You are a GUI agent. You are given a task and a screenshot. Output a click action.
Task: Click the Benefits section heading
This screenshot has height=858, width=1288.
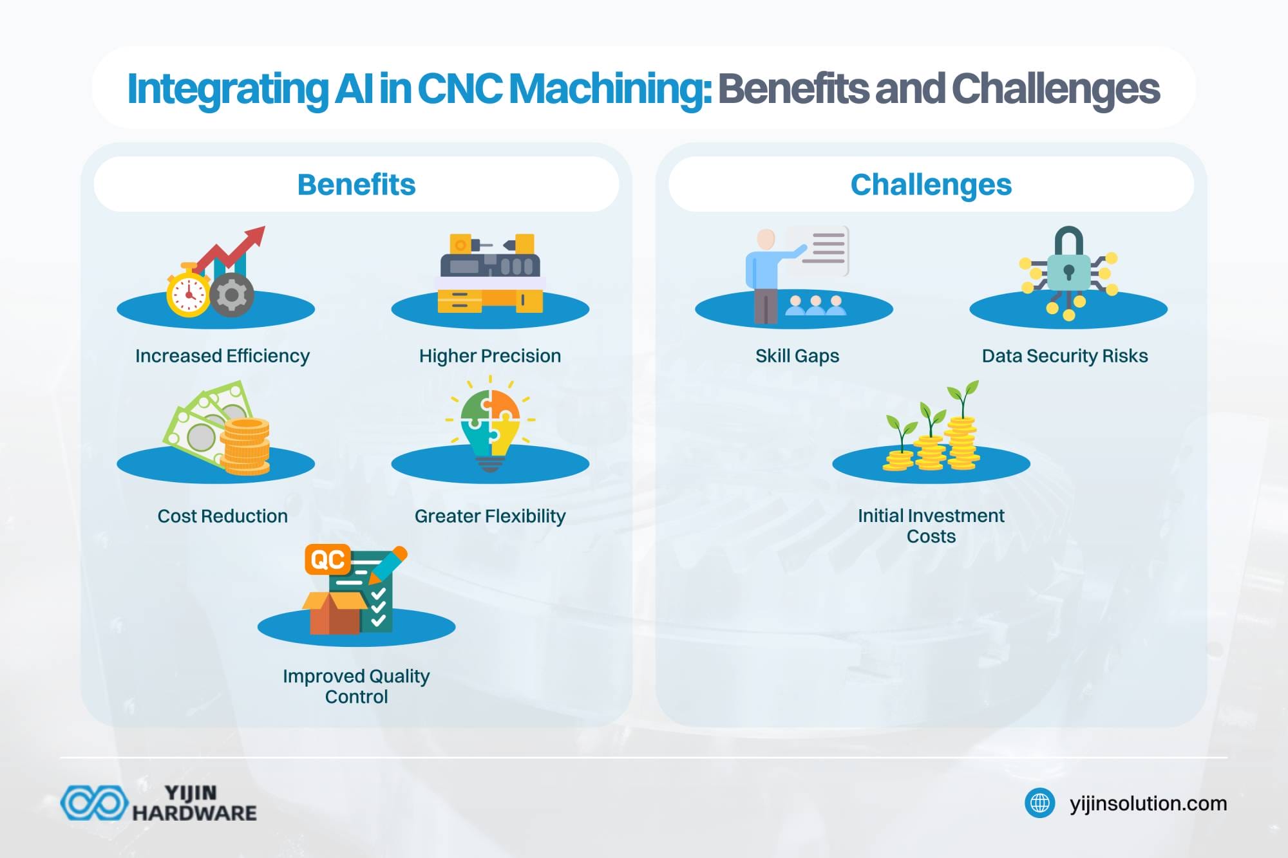coord(356,185)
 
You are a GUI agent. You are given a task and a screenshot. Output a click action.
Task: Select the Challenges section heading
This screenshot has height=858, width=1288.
coord(931,185)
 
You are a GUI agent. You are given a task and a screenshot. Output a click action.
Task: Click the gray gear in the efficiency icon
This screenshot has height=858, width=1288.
coord(231,295)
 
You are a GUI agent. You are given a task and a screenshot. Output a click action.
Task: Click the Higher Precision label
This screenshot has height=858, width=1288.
coord(490,356)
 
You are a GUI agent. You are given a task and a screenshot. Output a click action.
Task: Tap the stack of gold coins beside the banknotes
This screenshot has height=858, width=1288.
coord(245,446)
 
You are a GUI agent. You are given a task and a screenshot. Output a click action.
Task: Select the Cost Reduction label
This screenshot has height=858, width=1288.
coord(222,516)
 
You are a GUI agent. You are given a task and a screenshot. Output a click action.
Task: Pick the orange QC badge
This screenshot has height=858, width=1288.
coord(328,559)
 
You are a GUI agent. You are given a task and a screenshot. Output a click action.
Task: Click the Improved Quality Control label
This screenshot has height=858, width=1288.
coord(356,686)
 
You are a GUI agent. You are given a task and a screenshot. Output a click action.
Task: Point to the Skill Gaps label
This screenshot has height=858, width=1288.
coord(797,356)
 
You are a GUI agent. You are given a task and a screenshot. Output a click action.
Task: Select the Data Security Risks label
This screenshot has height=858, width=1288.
coord(1065,356)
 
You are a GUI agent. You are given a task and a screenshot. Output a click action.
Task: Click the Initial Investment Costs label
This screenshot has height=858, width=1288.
coord(931,526)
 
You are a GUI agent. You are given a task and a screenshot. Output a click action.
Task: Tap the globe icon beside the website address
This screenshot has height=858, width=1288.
coord(1039,803)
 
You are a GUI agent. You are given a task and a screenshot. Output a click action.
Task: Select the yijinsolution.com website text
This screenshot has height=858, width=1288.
coord(1148,803)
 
